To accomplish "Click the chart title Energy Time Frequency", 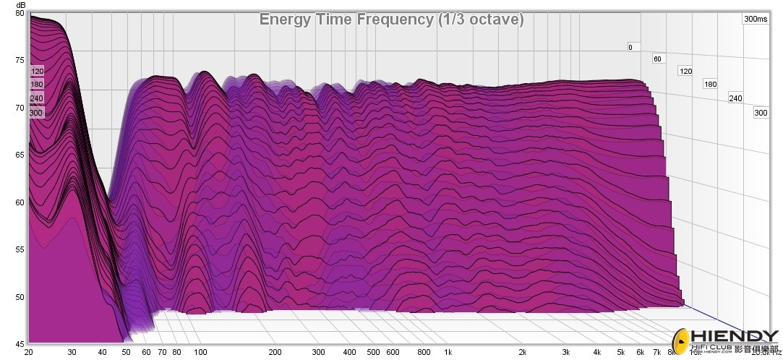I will (x=391, y=20).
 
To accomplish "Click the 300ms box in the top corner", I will (x=756, y=20).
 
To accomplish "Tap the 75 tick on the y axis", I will (x=20, y=61).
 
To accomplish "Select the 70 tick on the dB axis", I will (x=20, y=108).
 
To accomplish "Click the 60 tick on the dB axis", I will (x=20, y=202).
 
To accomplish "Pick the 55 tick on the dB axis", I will (x=20, y=249).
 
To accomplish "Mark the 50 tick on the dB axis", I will (x=20, y=297).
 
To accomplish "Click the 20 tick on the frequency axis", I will (x=29, y=353).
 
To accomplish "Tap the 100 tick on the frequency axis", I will (x=200, y=353).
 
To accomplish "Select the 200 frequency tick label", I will (x=275, y=353).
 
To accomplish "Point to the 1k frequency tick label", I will (x=448, y=353).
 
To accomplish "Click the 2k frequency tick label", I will (x=523, y=353).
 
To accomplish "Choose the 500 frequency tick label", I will (x=373, y=353).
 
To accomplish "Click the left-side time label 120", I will (x=37, y=71).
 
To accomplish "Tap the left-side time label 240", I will (x=37, y=98).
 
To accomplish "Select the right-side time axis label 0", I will (x=630, y=48).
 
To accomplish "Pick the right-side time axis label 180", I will (x=711, y=85).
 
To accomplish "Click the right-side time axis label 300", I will (x=761, y=113).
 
